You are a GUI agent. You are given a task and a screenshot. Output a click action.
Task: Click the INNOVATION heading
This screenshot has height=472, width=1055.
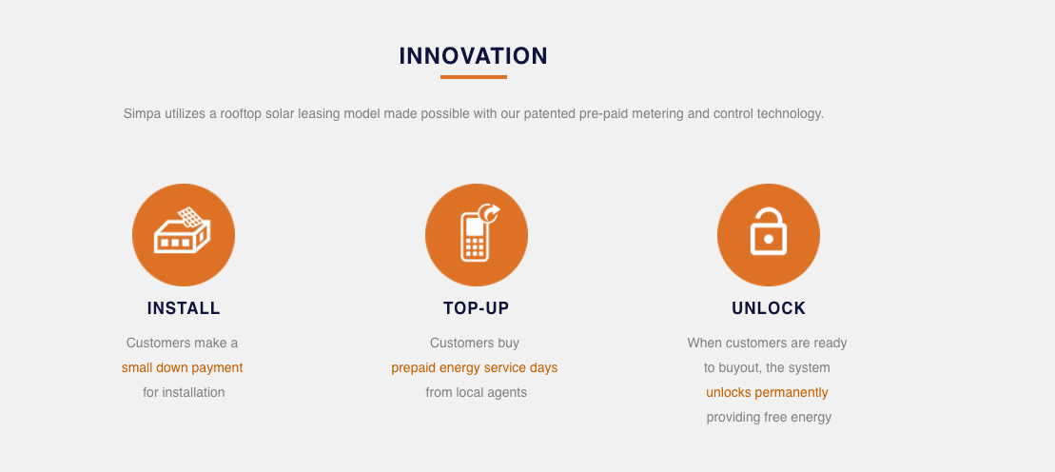tap(474, 56)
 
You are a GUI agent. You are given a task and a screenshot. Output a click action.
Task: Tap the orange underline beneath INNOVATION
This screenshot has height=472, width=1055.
tap(474, 77)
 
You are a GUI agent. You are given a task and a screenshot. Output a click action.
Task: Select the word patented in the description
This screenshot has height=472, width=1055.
tap(549, 114)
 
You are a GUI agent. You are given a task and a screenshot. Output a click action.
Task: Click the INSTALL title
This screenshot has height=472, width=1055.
tap(184, 308)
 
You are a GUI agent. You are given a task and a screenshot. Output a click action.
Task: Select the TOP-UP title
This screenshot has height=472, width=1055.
tap(477, 308)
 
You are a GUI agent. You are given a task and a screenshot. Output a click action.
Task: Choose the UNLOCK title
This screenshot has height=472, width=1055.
tap(769, 308)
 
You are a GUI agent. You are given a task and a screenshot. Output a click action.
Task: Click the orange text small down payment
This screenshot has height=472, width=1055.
tap(183, 367)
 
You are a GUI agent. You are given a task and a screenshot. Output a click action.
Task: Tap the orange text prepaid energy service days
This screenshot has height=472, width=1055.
tap(475, 367)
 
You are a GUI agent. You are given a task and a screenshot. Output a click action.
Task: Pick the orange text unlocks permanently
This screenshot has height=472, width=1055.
tap(767, 393)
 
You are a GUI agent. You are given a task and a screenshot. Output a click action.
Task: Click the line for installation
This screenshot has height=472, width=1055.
tap(184, 393)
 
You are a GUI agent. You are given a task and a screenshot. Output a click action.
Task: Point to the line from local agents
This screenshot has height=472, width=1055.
tap(477, 393)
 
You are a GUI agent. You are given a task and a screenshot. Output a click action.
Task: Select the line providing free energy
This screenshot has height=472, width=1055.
tap(769, 418)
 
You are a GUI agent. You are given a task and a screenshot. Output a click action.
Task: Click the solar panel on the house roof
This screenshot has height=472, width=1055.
tap(191, 217)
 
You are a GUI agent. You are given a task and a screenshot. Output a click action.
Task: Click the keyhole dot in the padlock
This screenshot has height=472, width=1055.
tap(769, 239)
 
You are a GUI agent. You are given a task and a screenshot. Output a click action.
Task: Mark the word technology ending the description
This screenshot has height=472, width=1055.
tap(790, 114)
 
